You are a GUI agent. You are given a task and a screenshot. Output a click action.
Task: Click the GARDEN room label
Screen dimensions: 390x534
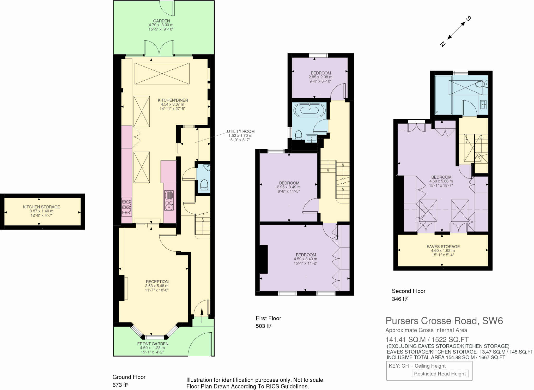[x=161, y=21]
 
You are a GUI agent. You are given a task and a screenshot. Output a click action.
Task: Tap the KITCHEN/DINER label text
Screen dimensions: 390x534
[x=173, y=100]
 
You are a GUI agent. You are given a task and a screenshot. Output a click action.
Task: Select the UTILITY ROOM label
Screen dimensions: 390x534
[x=240, y=131]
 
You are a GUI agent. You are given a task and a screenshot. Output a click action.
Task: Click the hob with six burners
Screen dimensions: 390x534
[x=127, y=207]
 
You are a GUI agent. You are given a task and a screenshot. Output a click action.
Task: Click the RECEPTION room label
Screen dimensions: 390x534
[x=157, y=282]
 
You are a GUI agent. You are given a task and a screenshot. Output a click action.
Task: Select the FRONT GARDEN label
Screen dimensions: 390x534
[x=153, y=344]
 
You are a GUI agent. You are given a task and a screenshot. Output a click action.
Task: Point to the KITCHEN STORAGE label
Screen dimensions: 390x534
[x=41, y=207]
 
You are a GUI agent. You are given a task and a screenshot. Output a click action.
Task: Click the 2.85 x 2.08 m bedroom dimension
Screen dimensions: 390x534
[x=320, y=77]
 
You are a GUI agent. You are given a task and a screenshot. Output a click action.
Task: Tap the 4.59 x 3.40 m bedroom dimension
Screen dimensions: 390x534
[x=305, y=259]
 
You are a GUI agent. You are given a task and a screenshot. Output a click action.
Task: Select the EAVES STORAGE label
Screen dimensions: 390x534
[x=443, y=247]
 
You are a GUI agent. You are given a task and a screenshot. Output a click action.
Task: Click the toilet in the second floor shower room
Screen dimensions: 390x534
[x=480, y=84]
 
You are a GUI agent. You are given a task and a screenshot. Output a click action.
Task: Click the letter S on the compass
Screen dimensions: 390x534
[x=469, y=19]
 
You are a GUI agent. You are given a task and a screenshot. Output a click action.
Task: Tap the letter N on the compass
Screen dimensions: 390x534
[x=443, y=44]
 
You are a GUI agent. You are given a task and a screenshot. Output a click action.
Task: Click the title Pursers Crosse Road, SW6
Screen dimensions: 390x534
[x=444, y=321]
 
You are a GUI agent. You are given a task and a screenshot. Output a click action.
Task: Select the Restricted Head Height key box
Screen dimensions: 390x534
[x=440, y=374]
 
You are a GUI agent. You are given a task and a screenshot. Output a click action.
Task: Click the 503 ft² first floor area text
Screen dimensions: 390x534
[x=264, y=326]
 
